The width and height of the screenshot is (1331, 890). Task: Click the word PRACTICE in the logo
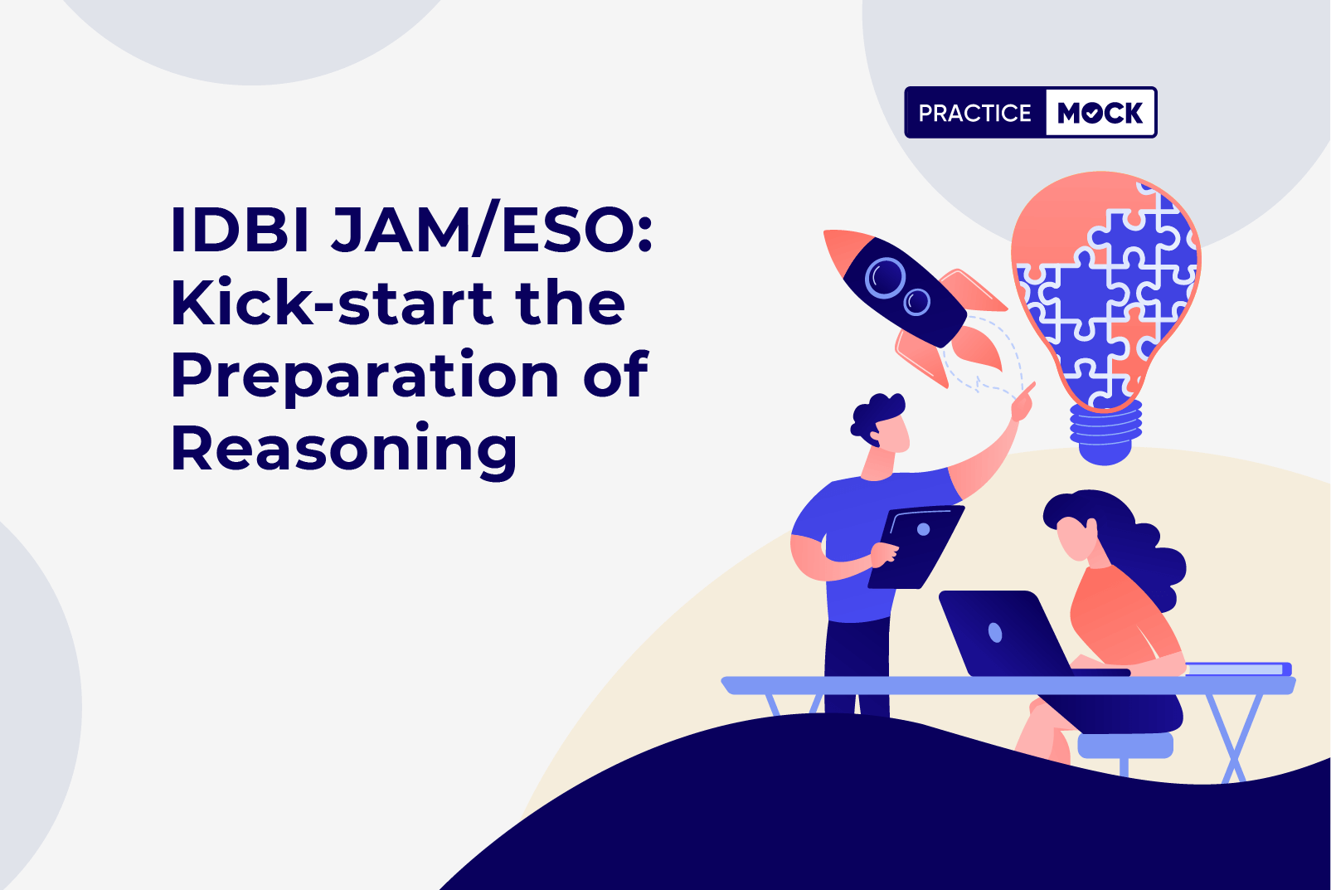pyautogui.click(x=974, y=113)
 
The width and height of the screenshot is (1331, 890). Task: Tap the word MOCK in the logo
pyautogui.click(x=1100, y=112)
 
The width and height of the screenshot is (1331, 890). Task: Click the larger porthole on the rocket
pyautogui.click(x=885, y=278)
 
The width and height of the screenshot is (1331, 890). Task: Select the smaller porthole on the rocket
pyautogui.click(x=917, y=301)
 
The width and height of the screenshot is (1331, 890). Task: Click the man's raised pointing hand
pyautogui.click(x=1023, y=403)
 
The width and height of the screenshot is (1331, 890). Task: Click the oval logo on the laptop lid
pyautogui.click(x=994, y=633)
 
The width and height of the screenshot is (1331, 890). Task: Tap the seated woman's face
pyautogui.click(x=1075, y=538)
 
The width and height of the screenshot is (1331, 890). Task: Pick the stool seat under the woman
pyautogui.click(x=1125, y=746)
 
